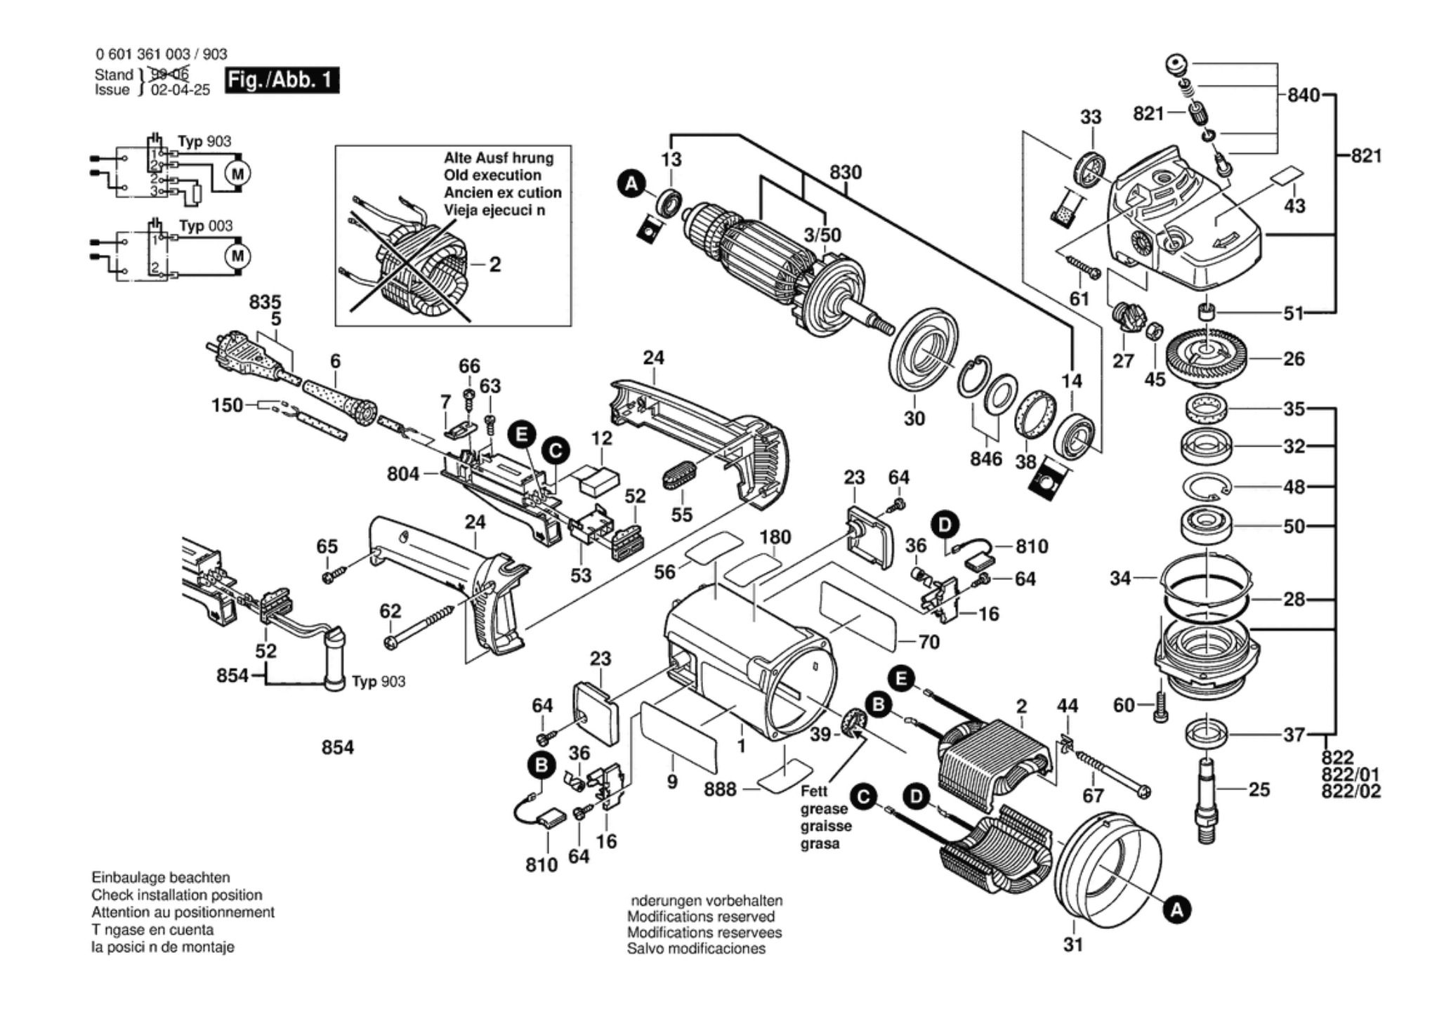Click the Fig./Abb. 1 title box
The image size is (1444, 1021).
click(x=282, y=80)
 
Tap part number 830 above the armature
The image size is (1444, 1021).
click(x=846, y=173)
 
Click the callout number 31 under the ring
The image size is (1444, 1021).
click(x=1072, y=945)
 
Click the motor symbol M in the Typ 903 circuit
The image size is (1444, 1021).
click(x=237, y=173)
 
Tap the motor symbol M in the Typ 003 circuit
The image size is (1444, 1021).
click(x=237, y=256)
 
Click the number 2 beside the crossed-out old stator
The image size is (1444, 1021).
click(x=495, y=265)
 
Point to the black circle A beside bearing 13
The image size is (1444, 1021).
click(x=631, y=185)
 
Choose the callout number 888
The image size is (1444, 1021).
click(x=721, y=789)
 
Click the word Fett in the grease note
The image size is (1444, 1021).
click(x=815, y=791)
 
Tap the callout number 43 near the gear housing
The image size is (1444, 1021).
click(x=1294, y=206)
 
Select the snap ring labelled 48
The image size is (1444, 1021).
click(x=1205, y=487)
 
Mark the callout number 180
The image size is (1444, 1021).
click(x=775, y=537)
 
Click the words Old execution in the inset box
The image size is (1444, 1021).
click(x=492, y=176)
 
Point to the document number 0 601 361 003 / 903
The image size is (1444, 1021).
click(x=161, y=55)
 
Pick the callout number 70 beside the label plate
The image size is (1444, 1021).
click(x=928, y=642)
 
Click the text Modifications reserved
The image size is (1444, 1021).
click(x=701, y=916)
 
